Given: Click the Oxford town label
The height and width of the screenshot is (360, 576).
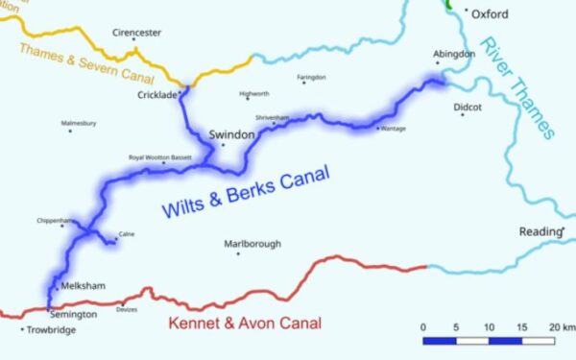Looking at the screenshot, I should point(491,14).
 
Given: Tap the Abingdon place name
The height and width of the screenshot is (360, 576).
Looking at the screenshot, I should point(456,54).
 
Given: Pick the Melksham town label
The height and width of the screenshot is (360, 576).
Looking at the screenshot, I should point(82,286).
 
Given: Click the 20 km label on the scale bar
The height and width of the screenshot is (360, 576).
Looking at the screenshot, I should point(561,327).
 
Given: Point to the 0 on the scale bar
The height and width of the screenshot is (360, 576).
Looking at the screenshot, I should point(423,327).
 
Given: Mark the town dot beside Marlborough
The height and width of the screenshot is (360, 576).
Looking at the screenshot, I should point(238,253).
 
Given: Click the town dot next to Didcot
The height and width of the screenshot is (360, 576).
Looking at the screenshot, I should point(462,115).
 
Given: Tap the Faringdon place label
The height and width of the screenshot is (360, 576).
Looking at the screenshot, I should point(311,77).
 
